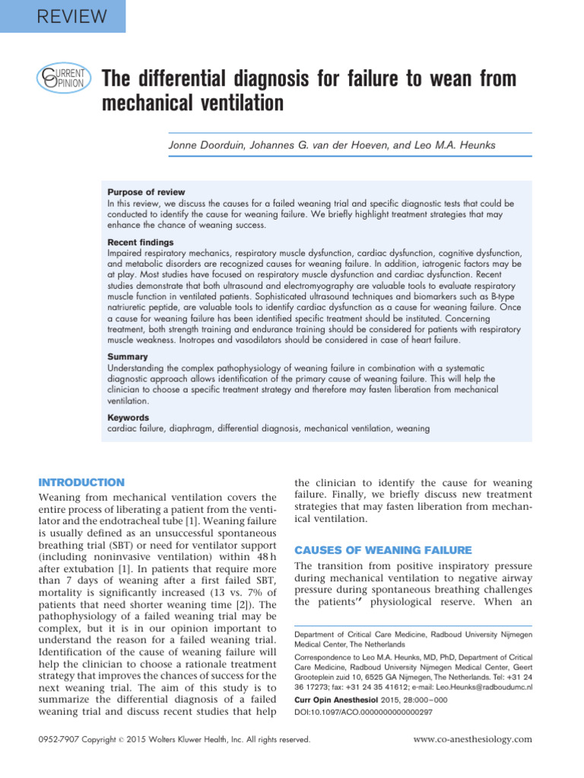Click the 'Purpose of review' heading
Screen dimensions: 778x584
146,192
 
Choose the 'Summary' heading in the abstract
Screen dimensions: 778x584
128,356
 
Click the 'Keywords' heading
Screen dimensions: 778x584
129,417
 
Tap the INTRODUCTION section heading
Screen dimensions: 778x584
81,482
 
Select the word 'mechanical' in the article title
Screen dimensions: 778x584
151,103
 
